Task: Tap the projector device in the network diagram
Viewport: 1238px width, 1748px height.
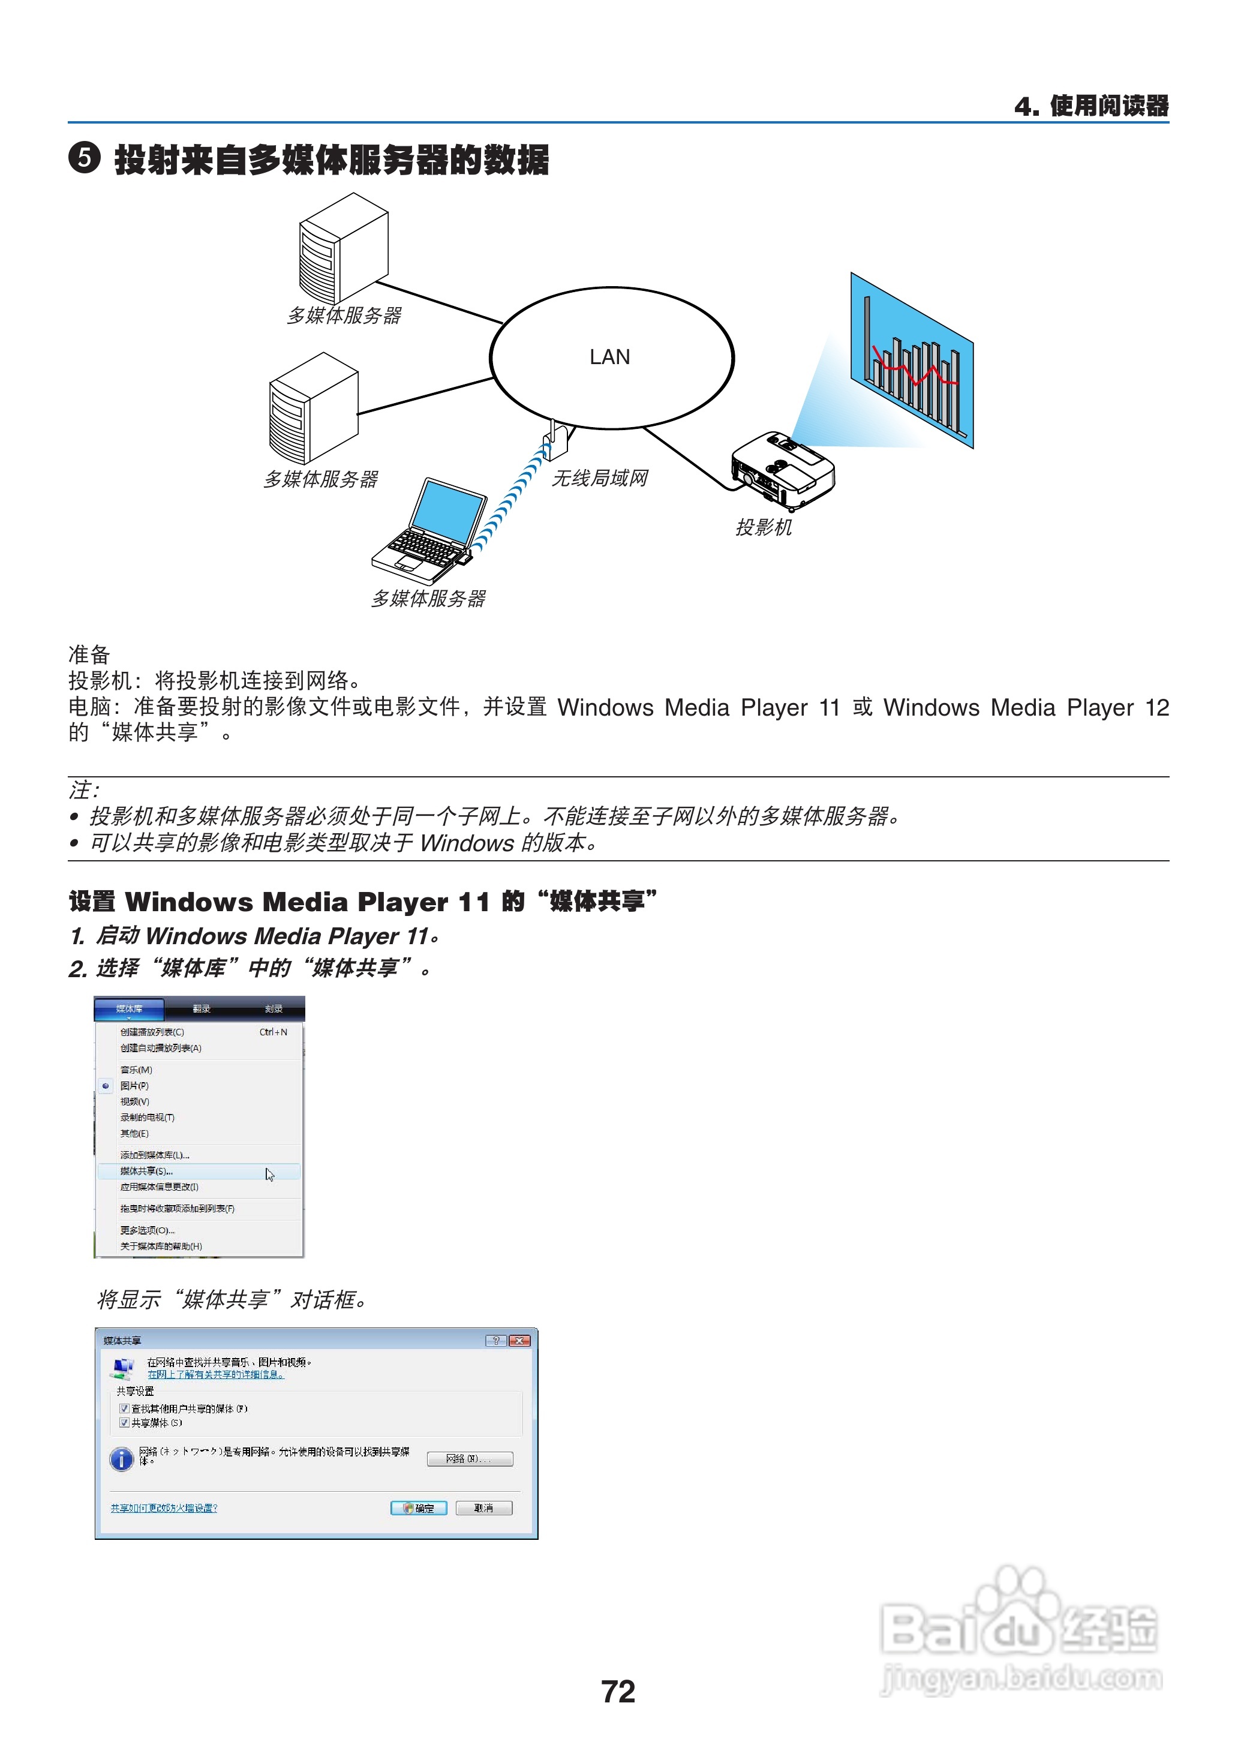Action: click(782, 470)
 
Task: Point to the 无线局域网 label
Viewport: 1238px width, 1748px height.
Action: click(599, 478)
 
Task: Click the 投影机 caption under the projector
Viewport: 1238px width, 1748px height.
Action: click(763, 527)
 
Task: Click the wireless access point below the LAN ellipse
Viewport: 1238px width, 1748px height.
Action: click(556, 438)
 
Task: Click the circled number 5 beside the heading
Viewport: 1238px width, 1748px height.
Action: click(84, 158)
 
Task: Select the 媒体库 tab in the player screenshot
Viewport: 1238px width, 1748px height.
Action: click(129, 1008)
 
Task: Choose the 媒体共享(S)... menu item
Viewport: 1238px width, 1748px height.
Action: click(146, 1171)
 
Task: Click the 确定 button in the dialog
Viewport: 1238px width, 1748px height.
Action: click(419, 1508)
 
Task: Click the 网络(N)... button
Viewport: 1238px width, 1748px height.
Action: click(469, 1458)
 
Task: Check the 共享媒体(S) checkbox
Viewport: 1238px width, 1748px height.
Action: click(124, 1422)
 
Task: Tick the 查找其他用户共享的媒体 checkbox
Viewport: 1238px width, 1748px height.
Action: click(124, 1408)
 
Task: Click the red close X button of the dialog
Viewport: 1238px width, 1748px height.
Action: click(520, 1340)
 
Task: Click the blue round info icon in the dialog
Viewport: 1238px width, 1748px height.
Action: click(121, 1459)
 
